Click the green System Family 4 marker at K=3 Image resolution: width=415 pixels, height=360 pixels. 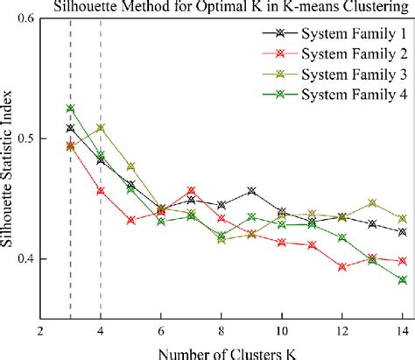[x=70, y=109]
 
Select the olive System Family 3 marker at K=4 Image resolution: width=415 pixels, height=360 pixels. [x=101, y=128]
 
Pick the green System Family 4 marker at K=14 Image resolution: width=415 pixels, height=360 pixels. [x=403, y=280]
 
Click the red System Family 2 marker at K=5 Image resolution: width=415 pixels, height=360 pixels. [x=130, y=221]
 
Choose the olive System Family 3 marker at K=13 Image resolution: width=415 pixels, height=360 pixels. [x=372, y=202]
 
